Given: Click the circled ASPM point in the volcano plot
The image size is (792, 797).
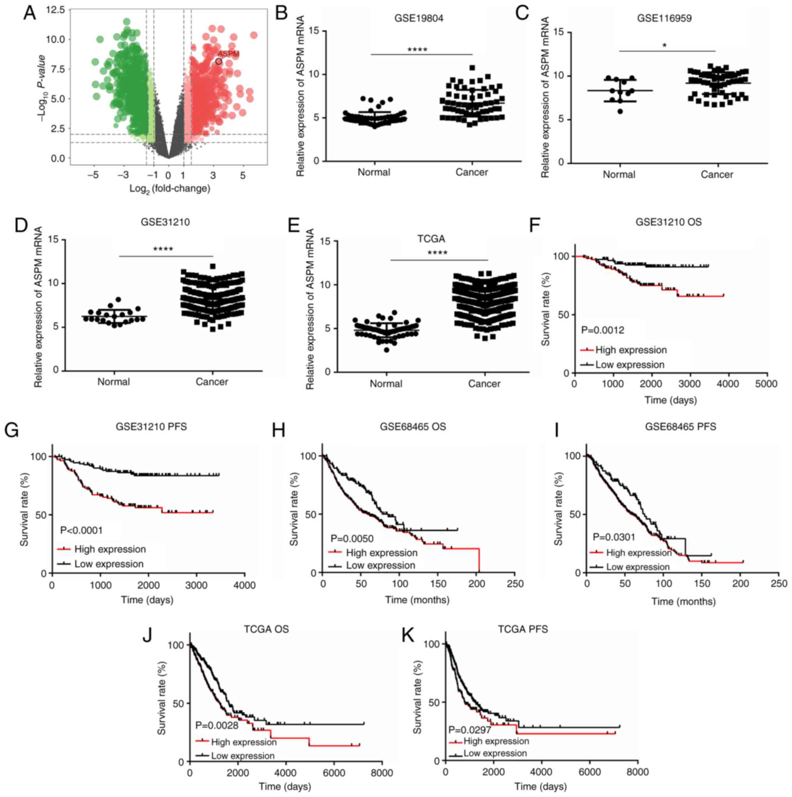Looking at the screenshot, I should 219,62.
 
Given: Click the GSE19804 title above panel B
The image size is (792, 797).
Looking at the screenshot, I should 419,19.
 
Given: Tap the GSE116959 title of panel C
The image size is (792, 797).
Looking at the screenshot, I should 664,19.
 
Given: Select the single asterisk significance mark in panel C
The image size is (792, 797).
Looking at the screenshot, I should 665,45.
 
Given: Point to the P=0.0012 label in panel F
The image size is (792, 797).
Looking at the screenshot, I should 603,330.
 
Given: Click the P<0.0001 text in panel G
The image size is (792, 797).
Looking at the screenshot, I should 81,530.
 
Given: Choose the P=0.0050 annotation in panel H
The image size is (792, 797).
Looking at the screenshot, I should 352,539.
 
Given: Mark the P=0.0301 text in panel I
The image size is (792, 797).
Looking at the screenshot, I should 614,537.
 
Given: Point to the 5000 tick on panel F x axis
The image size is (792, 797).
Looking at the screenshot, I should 766,384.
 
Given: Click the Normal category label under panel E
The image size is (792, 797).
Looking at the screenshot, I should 386,383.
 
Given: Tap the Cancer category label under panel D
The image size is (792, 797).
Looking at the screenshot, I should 212,382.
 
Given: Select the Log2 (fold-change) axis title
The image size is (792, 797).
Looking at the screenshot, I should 170,189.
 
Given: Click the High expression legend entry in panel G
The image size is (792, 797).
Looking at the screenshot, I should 110,550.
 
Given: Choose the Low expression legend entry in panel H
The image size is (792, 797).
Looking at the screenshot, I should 380,566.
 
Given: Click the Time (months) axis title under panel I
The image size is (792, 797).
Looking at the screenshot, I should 683,602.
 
